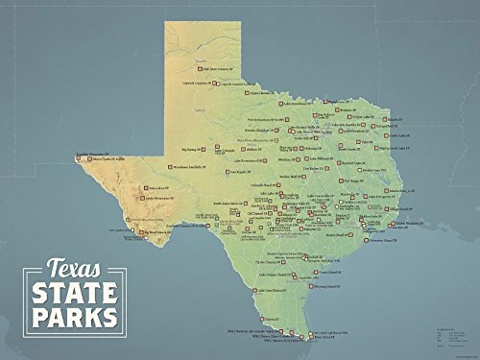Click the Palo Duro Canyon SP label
point(212,69)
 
